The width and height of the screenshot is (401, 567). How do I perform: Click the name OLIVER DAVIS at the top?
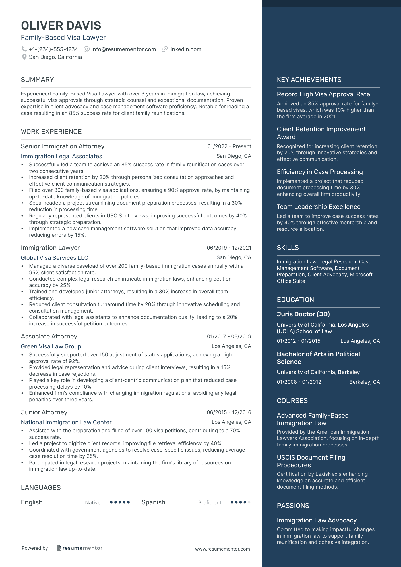tap(61, 26)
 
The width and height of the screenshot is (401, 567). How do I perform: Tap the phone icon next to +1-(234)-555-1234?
tap(24, 49)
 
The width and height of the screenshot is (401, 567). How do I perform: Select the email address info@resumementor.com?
tap(123, 49)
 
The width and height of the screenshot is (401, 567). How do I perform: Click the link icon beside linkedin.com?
tap(164, 49)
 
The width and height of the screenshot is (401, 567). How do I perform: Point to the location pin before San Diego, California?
tap(24, 57)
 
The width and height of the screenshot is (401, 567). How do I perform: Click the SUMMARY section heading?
tap(37, 80)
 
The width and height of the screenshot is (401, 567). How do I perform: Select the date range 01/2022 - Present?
tap(229, 146)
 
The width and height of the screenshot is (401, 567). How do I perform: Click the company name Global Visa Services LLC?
tap(55, 258)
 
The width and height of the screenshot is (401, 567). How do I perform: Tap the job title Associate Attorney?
tap(49, 337)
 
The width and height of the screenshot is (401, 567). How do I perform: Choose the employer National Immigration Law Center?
tap(66, 422)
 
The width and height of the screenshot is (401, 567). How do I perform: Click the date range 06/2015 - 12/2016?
tap(229, 412)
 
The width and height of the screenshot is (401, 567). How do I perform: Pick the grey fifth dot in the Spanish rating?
tap(249, 502)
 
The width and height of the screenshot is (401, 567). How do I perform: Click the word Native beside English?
tap(93, 503)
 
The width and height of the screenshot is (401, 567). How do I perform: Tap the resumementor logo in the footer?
tap(80, 548)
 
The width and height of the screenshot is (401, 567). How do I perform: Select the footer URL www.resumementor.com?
tap(222, 549)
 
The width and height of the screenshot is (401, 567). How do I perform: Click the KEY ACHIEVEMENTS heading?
tap(309, 80)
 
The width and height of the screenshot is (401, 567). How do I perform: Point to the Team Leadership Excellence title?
tap(319, 207)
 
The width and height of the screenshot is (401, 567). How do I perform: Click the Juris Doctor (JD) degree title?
tap(303, 314)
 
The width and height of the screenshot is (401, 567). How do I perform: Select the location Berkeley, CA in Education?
tap(364, 382)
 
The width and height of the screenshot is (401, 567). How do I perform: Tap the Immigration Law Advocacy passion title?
tap(317, 520)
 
